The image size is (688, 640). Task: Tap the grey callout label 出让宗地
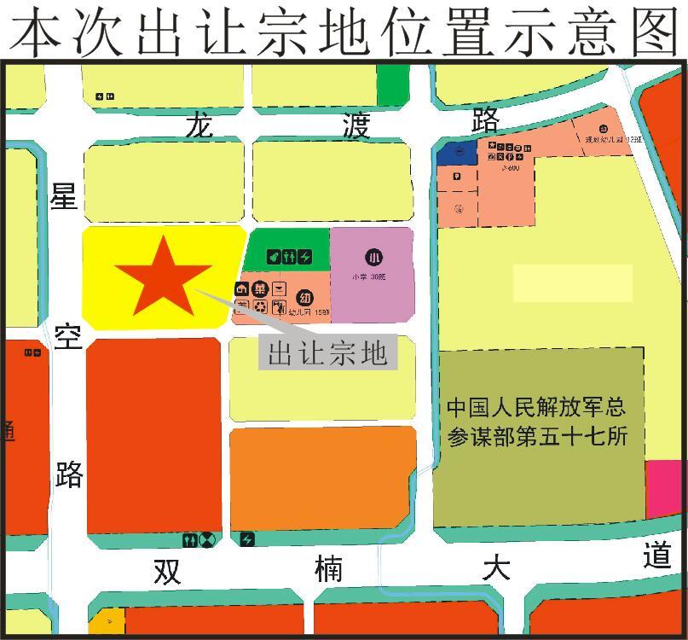[x=328, y=352]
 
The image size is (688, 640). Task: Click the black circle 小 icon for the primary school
[x=373, y=256]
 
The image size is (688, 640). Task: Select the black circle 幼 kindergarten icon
[x=304, y=298]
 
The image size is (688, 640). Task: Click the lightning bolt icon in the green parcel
[x=304, y=255]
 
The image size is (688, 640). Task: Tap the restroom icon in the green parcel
[x=289, y=255]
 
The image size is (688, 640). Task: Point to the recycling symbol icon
[x=261, y=305]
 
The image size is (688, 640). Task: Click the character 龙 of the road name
[x=200, y=126]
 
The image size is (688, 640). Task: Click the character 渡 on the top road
[x=356, y=126]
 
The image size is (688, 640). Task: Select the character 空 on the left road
[x=66, y=335]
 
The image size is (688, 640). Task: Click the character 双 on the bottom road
[x=168, y=570]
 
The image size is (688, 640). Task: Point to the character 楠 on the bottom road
[x=328, y=569]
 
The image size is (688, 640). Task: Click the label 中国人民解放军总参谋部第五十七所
[x=536, y=422]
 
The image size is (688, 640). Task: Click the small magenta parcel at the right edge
[x=666, y=489]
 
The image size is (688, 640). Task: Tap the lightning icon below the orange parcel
[x=247, y=538]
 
